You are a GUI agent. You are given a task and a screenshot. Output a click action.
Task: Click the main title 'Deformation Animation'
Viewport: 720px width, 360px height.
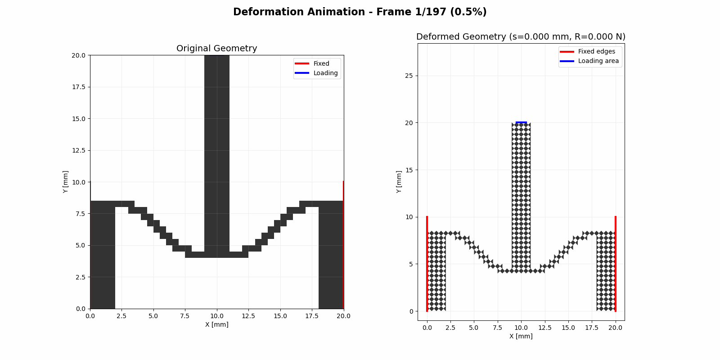click(x=360, y=12)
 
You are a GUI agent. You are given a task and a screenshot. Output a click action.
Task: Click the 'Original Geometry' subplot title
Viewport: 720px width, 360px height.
click(x=216, y=49)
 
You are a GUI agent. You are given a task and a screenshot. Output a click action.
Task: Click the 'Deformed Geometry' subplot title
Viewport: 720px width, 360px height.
click(x=521, y=37)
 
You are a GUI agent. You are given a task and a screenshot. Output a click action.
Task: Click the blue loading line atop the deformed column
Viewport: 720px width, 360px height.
click(x=521, y=122)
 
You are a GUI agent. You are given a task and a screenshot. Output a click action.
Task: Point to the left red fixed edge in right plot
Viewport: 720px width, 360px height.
click(x=427, y=264)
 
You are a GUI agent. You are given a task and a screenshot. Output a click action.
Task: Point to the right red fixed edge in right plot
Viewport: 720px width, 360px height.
click(x=616, y=264)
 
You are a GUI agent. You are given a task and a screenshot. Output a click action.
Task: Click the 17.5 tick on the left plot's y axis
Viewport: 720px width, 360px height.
click(x=79, y=87)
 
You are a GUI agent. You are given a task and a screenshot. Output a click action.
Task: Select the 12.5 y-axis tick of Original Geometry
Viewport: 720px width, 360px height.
click(x=79, y=150)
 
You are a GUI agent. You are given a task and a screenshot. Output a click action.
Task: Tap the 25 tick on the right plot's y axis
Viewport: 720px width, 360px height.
click(x=409, y=76)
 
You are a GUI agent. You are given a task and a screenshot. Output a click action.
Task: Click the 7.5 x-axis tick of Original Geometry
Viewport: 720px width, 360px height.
click(x=185, y=316)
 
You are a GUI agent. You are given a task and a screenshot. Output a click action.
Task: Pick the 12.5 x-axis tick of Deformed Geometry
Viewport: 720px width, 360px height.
click(x=544, y=328)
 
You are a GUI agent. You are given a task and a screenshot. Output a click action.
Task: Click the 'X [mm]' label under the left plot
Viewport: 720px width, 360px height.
click(x=216, y=324)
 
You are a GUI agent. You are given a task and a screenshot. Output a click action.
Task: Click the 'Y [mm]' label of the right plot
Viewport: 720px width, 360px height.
click(x=399, y=182)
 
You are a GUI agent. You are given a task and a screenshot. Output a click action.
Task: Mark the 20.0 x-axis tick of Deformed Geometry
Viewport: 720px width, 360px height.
click(x=615, y=328)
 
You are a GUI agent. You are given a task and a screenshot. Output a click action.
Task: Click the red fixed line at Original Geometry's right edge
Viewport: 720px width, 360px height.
click(x=343, y=245)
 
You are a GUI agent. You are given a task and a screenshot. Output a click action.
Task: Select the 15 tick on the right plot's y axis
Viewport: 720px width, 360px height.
click(x=409, y=170)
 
